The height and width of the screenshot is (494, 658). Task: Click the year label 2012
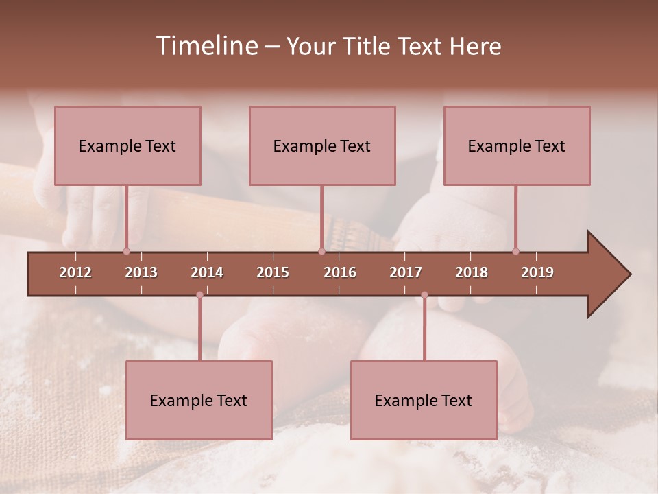coord(75,272)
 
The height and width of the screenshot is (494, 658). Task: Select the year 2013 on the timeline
coord(141,272)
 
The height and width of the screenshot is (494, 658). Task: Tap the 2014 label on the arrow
coord(207,272)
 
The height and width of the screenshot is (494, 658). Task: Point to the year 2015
coord(273,272)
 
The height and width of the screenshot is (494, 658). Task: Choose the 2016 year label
coord(340,272)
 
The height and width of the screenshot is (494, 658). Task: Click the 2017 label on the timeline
coord(406,272)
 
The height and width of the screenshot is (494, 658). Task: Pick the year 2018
coord(472,272)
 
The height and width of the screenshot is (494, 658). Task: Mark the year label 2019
coord(537,272)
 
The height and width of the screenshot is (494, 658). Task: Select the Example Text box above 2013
coord(127,145)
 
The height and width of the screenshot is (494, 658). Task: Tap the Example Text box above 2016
coord(322,145)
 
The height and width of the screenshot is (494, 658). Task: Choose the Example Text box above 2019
coord(517,145)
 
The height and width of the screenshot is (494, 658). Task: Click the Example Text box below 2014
coord(199,400)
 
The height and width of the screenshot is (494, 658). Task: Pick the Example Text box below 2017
coord(424,400)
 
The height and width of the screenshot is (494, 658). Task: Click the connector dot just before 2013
coord(126,251)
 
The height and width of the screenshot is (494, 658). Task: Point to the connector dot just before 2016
coord(321,251)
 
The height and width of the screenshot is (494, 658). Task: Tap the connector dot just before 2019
coord(515,251)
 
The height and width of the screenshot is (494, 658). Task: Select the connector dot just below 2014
coord(199,295)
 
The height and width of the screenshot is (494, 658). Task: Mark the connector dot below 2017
coord(424,295)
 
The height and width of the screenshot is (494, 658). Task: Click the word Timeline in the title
coord(206,46)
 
